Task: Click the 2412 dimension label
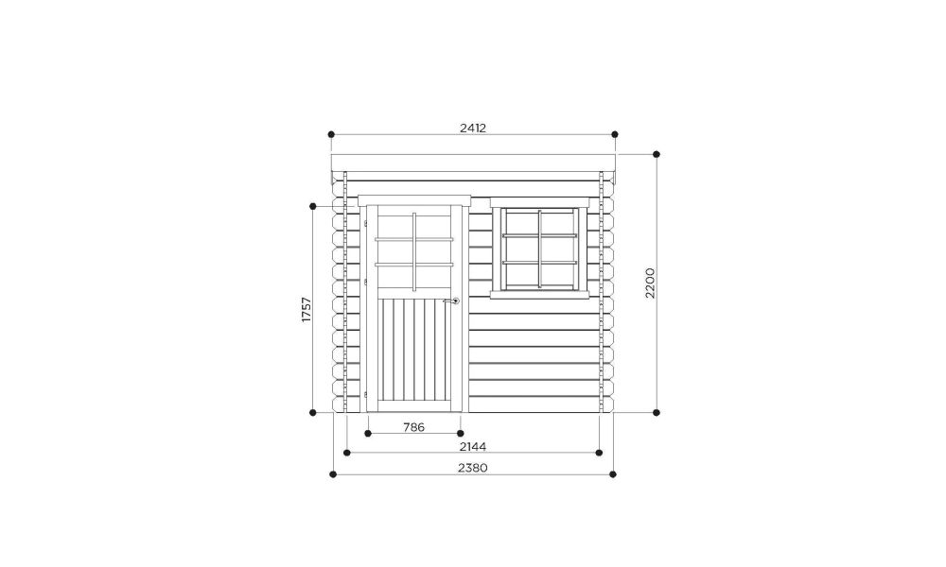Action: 473,128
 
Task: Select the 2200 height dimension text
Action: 650,283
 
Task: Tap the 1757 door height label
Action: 307,310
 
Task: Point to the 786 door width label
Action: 414,427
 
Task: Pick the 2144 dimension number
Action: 473,446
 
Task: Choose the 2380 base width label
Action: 473,468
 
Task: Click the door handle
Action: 452,301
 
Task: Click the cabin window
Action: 540,249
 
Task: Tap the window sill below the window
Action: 539,295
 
